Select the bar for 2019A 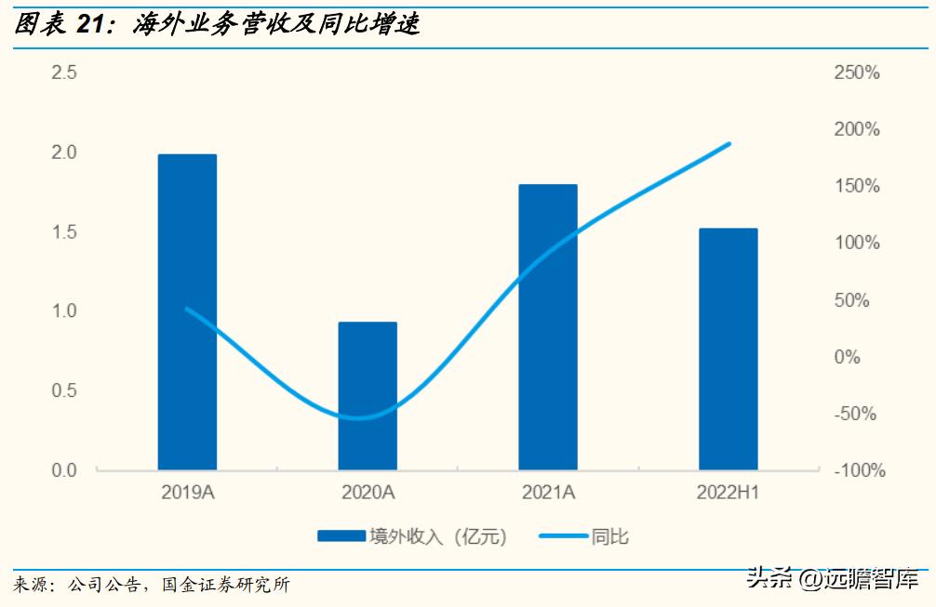coord(187,311)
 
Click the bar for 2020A coord(368,395)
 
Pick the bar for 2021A coord(548,326)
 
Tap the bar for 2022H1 coord(729,349)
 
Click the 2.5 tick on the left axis coord(64,73)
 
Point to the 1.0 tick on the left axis coord(64,311)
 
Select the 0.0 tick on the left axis coord(64,470)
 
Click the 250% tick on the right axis coord(856,73)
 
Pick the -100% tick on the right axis coord(856,470)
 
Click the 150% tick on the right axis coord(856,186)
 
